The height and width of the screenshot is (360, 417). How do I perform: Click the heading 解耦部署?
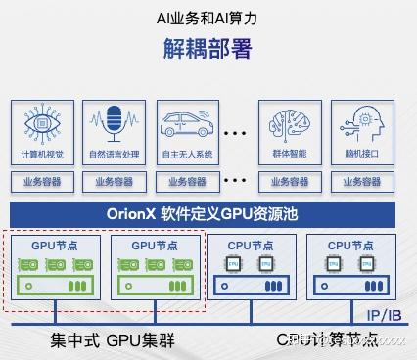[208, 49]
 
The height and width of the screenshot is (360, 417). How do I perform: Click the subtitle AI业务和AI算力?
[208, 18]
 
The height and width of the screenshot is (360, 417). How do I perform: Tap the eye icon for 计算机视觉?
[42, 126]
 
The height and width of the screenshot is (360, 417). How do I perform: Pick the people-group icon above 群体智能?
[290, 125]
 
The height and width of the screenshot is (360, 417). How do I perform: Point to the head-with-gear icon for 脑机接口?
[362, 125]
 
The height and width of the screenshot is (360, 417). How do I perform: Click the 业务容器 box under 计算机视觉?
[42, 181]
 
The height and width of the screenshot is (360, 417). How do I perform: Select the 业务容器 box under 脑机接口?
[362, 181]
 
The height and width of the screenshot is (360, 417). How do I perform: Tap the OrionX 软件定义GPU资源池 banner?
[208, 213]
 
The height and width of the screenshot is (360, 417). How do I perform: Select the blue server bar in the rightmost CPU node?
[352, 285]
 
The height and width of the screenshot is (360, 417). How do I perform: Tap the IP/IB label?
[385, 315]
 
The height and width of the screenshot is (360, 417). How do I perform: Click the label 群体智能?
[290, 154]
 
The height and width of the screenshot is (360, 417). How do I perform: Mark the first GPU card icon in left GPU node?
[29, 264]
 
